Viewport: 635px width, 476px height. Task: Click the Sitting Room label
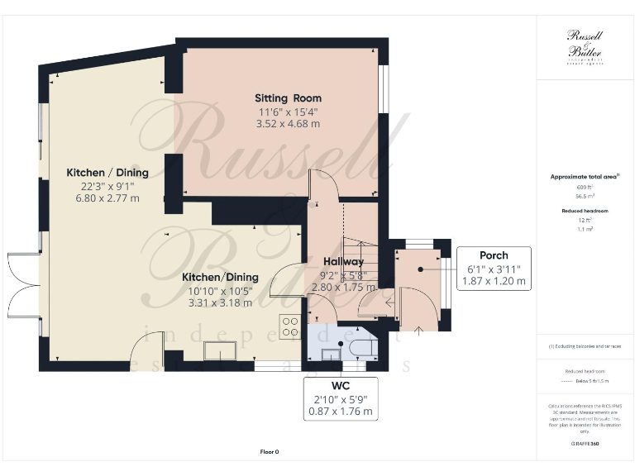[287, 98]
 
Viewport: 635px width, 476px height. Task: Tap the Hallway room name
[343, 262]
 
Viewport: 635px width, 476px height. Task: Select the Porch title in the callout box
[494, 255]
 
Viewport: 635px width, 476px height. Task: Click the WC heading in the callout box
[341, 385]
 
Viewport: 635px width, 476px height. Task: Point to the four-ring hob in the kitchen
[291, 326]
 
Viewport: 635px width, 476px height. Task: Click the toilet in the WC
[360, 347]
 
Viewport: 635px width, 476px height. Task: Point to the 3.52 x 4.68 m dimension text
[287, 124]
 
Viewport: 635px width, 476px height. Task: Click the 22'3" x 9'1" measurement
[107, 186]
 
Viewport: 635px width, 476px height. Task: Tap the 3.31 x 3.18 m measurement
[220, 302]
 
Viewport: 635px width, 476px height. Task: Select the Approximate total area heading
[584, 177]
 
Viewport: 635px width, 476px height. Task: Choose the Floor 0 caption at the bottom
[270, 452]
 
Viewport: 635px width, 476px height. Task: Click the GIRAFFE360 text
[584, 445]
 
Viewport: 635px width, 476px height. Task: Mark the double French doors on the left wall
[25, 286]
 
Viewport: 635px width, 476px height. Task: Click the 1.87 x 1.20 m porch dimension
[494, 281]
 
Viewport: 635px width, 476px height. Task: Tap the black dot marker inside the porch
[422, 269]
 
